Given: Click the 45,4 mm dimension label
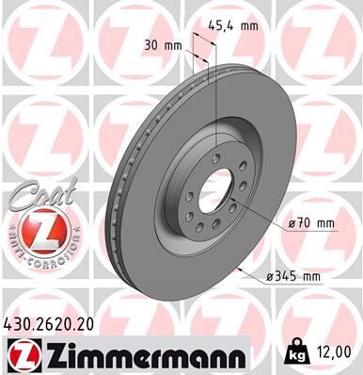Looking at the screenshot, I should point(235,27).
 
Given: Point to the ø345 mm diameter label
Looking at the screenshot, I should point(294,276).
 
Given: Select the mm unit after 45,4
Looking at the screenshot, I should point(249,27).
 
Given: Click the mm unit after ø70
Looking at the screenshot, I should point(325,223).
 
